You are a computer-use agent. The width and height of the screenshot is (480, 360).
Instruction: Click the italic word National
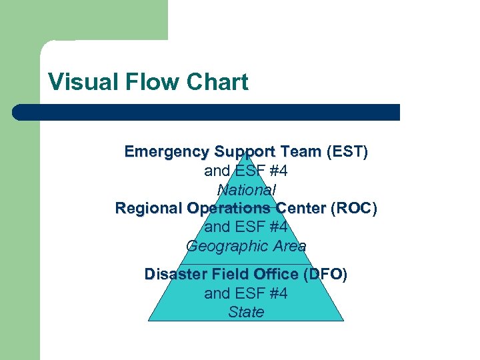(x=246, y=189)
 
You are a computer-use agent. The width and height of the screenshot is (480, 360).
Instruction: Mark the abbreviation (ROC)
(x=354, y=209)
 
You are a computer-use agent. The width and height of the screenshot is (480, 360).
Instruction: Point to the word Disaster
(x=176, y=274)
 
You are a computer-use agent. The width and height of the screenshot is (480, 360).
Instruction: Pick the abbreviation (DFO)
(x=325, y=274)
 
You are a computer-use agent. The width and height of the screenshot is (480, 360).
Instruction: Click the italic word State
(x=246, y=312)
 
